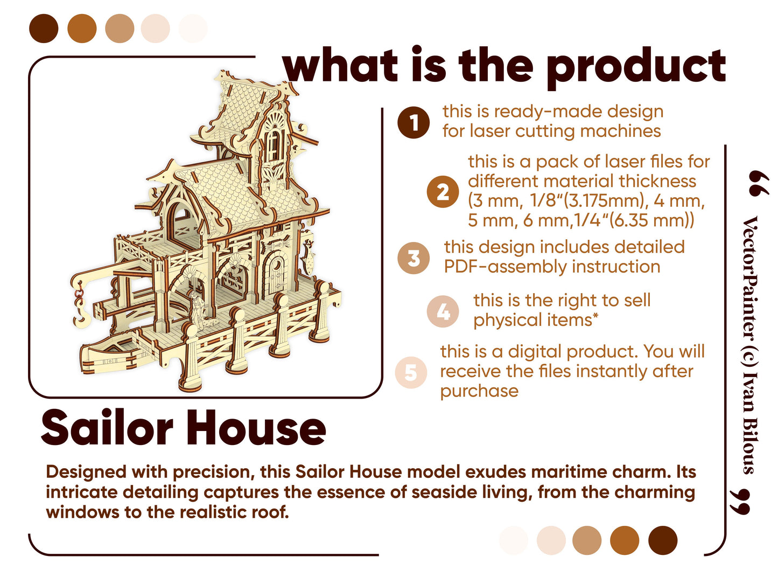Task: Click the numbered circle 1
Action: click(413, 122)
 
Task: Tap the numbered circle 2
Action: click(442, 191)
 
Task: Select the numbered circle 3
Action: click(413, 258)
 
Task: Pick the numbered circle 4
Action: click(442, 311)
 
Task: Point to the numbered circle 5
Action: click(410, 372)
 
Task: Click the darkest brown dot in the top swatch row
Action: click(44, 29)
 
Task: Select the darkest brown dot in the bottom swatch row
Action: click(662, 540)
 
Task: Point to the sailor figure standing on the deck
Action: click(196, 310)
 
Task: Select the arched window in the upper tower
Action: click(274, 145)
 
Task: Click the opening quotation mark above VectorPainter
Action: click(758, 183)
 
